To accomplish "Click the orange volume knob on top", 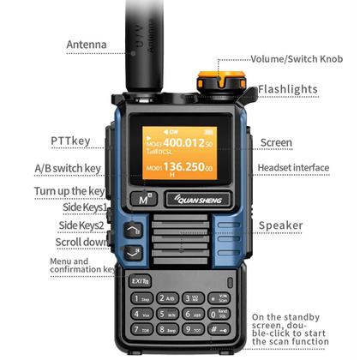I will [x=215, y=82].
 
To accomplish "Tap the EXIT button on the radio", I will [x=140, y=279].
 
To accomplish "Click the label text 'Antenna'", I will [x=87, y=45].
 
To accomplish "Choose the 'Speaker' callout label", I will [x=281, y=225].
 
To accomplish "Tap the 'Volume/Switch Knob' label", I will [x=296, y=59].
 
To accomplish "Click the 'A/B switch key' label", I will [x=68, y=168].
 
